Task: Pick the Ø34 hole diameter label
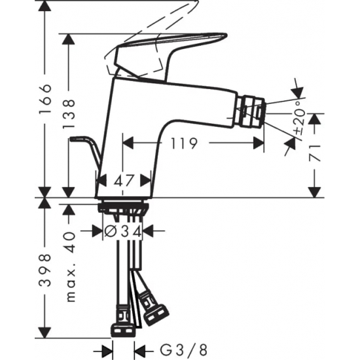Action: coord(124,231)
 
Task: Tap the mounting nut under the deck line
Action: coord(124,208)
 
